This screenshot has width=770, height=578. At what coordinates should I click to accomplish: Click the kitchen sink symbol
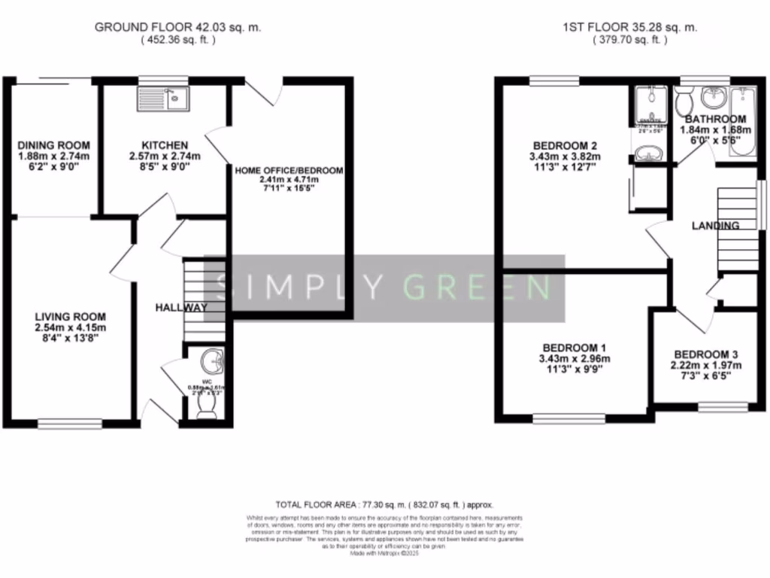point(163,99)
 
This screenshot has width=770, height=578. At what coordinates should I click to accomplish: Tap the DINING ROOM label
point(53,145)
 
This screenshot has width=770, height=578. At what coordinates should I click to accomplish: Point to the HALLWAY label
point(180,308)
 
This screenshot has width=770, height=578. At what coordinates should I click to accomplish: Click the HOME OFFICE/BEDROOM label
point(290,171)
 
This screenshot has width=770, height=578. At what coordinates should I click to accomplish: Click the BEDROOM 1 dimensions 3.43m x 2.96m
point(575,359)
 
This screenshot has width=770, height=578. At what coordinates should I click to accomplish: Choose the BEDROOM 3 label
point(705,354)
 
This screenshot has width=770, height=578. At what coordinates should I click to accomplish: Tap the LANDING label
point(716,225)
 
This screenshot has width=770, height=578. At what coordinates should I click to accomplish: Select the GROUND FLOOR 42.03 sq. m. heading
point(177,27)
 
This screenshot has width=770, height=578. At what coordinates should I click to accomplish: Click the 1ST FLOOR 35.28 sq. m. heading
point(630,27)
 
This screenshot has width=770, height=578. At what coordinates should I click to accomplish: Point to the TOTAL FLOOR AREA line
point(383,506)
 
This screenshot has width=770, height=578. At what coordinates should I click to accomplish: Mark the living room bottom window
point(70,424)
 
